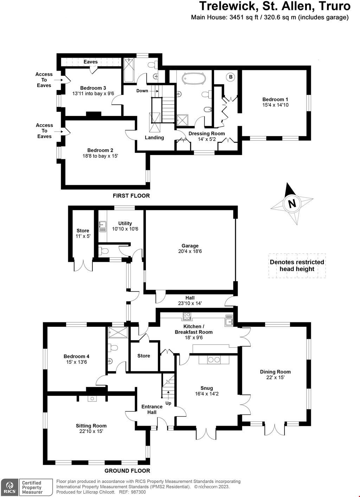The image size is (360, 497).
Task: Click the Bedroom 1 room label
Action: click(275, 99)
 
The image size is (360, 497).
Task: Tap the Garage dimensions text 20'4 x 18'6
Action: click(190, 251)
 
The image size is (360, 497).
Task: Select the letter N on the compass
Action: click(291, 204)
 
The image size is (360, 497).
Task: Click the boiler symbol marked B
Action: click(231, 77)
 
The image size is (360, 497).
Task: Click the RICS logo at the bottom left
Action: click(9, 487)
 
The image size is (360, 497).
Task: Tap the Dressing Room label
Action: click(206, 134)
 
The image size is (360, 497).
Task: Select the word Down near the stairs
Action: click(142, 91)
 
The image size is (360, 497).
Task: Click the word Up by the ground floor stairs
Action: click(168, 403)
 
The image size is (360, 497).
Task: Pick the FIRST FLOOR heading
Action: click(131, 196)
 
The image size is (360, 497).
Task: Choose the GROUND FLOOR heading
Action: click(127, 471)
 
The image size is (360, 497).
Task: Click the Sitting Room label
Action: click(91, 426)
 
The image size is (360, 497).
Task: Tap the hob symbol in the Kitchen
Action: click(186, 316)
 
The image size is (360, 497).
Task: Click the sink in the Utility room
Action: click(103, 226)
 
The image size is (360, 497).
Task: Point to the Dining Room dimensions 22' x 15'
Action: click(275, 377)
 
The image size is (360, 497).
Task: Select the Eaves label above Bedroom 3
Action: click(90, 62)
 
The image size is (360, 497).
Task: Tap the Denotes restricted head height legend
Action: click(297, 266)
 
